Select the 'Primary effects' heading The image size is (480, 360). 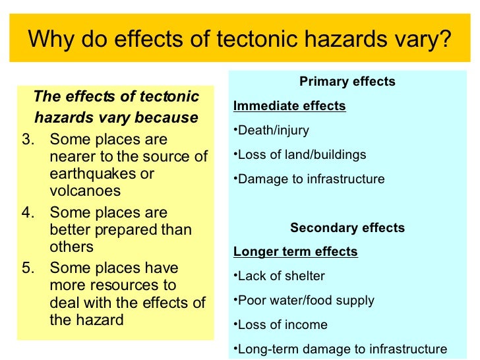click(347, 82)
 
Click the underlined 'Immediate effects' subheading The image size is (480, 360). click(289, 106)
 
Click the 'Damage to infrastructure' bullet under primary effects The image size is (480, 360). click(309, 179)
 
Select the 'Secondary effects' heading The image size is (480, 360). click(347, 228)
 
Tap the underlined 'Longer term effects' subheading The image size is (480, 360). click(295, 252)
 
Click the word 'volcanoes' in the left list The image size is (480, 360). click(85, 191)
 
